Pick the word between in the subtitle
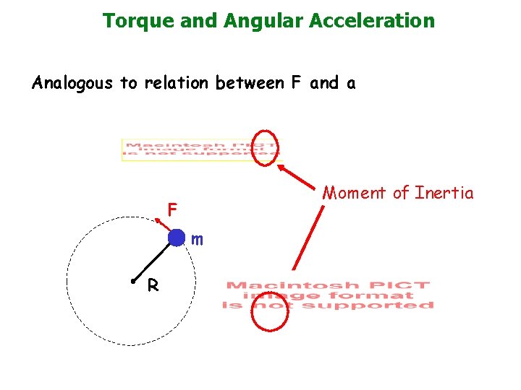pos(250,83)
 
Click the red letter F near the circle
pos(172,210)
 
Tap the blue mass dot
pos(176,238)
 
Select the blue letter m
pos(197,239)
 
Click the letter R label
pos(153,286)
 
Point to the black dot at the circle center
pos(134,280)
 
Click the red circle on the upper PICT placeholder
pos(267,146)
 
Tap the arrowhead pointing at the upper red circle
pos(280,167)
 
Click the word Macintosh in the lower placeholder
pos(267,286)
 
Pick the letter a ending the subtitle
pos(351,84)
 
